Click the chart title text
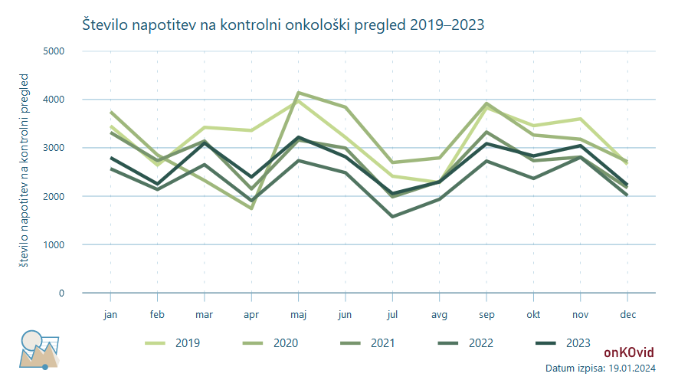[283, 25]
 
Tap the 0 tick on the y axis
[61, 293]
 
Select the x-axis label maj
[299, 314]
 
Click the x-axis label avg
[440, 314]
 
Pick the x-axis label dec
[627, 314]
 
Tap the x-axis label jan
[111, 314]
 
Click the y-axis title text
[25, 171]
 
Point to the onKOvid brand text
[629, 352]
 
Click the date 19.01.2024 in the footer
[629, 369]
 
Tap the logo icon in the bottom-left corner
[38, 349]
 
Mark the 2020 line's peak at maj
[299, 93]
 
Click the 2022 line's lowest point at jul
[392, 217]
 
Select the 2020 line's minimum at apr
[251, 208]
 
